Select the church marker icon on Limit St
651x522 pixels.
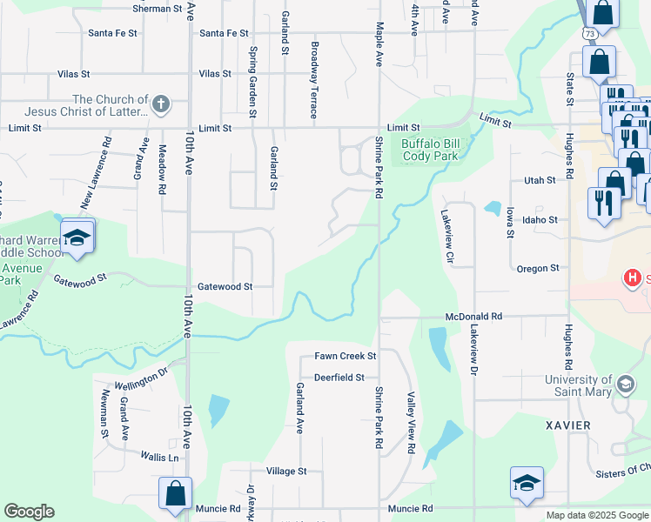click(x=160, y=105)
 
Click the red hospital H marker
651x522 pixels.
click(x=633, y=278)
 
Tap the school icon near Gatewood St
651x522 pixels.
click(x=77, y=238)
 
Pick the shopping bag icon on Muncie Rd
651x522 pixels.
click(x=175, y=492)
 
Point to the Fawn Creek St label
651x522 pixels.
click(x=345, y=356)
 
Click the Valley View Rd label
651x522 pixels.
click(x=410, y=423)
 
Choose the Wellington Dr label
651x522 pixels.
click(x=141, y=379)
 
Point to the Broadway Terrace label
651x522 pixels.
click(x=314, y=80)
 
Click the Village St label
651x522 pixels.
click(x=286, y=471)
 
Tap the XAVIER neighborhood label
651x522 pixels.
click(x=569, y=425)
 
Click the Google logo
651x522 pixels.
click(x=29, y=512)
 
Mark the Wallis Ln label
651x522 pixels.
click(x=160, y=457)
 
